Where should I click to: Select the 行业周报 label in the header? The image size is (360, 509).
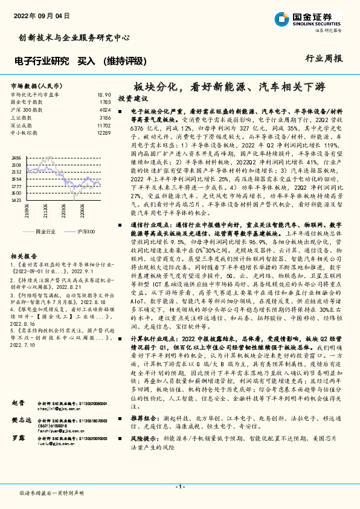[324, 59]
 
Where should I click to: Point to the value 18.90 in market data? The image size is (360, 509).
[104, 96]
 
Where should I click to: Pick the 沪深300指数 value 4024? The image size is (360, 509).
[104, 111]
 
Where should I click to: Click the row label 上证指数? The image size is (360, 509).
[22, 118]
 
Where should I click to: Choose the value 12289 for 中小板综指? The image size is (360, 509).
[103, 132]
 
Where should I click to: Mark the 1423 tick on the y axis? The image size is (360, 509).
[16, 199]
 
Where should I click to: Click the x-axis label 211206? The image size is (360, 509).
[44, 210]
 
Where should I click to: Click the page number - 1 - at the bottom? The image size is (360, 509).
[179, 487]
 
